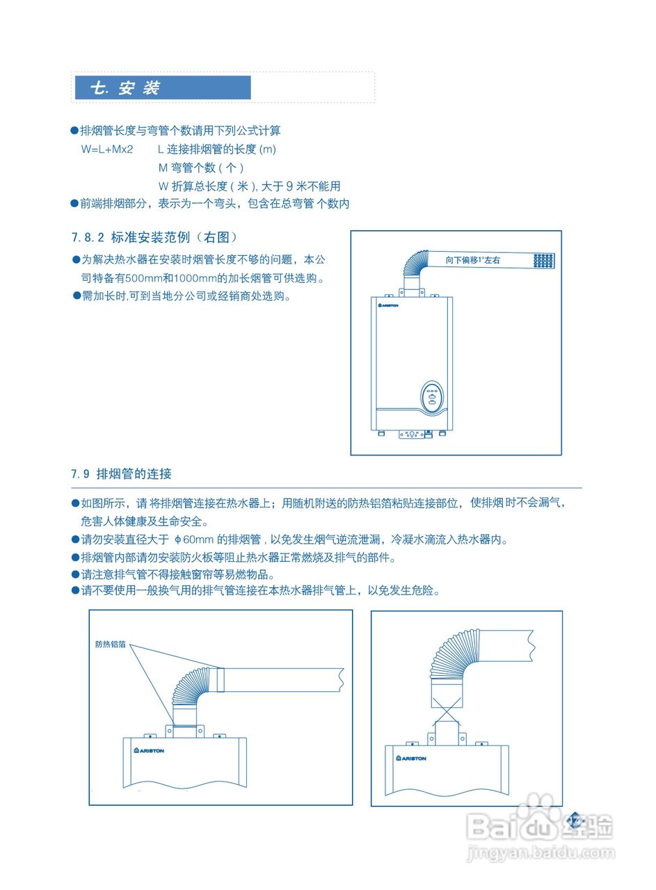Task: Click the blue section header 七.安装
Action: coord(162,88)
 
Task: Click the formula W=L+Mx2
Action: coord(106,149)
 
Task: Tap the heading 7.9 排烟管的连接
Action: coord(122,474)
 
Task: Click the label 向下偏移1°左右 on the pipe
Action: coord(473,260)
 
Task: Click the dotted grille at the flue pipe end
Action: coord(544,260)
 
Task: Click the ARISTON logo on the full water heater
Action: coord(388,305)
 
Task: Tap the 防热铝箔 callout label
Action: coord(110,645)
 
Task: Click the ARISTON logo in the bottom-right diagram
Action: coord(411,759)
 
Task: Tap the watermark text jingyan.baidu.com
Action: coord(540,853)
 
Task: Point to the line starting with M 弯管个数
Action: coord(201,168)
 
